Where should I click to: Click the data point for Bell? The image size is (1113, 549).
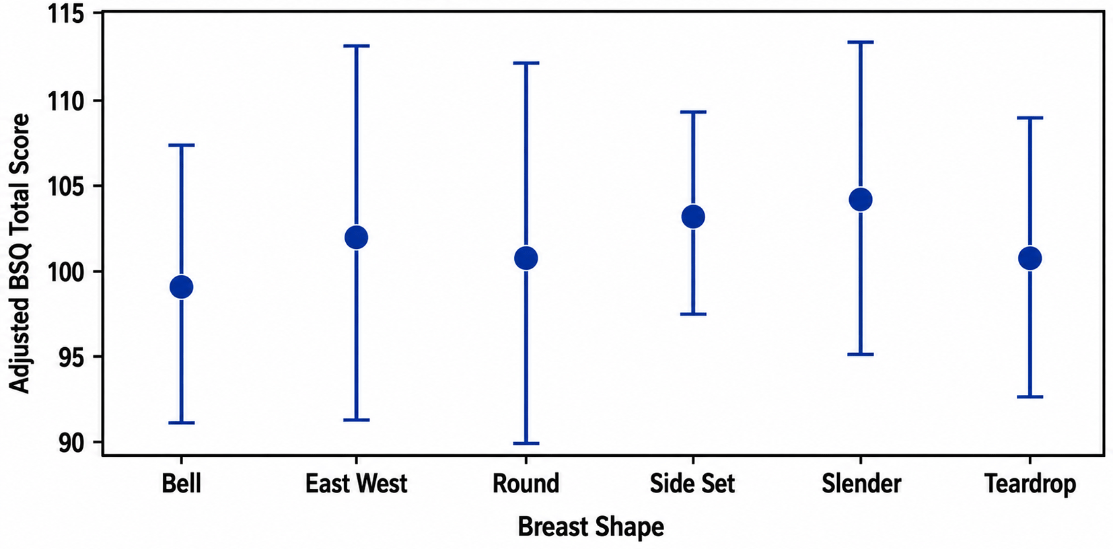tap(182, 287)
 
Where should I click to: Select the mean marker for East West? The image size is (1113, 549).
tap(356, 237)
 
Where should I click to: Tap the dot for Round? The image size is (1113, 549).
tap(526, 258)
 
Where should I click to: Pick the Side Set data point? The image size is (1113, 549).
tap(693, 217)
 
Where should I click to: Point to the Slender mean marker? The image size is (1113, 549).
tap(861, 200)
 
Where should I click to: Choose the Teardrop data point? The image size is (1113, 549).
tap(1030, 258)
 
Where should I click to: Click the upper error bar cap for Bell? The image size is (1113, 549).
tap(182, 145)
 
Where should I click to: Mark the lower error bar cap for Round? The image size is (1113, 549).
tap(526, 443)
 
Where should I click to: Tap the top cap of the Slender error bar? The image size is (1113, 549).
tap(861, 42)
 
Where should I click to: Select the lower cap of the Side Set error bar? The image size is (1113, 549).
tap(693, 314)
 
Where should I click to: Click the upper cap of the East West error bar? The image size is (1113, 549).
tap(356, 46)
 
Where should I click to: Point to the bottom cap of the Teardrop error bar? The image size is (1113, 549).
tap(1030, 397)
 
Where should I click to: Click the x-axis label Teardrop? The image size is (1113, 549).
tap(1030, 484)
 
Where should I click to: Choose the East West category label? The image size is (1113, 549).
tap(356, 484)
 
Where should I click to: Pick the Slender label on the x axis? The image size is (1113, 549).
tap(861, 484)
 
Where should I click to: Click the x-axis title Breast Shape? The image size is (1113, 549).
tap(591, 527)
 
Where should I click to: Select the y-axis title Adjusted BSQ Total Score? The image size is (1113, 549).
tap(20, 254)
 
